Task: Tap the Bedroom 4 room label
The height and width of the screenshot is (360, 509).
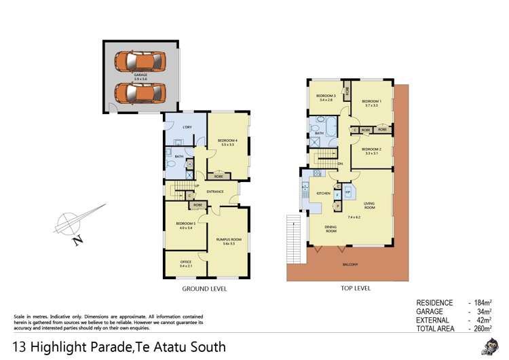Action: [227, 142]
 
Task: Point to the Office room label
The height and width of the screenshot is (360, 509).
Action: [185, 262]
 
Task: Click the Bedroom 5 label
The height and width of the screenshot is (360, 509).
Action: [185, 225]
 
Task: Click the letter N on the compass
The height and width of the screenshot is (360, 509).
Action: [79, 238]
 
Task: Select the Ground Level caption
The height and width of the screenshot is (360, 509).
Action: [204, 289]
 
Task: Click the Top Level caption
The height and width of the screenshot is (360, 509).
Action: [355, 289]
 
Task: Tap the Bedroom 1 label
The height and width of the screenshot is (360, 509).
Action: [372, 103]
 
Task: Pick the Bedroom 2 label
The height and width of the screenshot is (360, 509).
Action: [371, 150]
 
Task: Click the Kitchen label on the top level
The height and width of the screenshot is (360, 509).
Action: [324, 194]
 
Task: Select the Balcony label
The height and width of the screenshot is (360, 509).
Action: [350, 265]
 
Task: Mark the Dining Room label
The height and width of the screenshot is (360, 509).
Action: [331, 230]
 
